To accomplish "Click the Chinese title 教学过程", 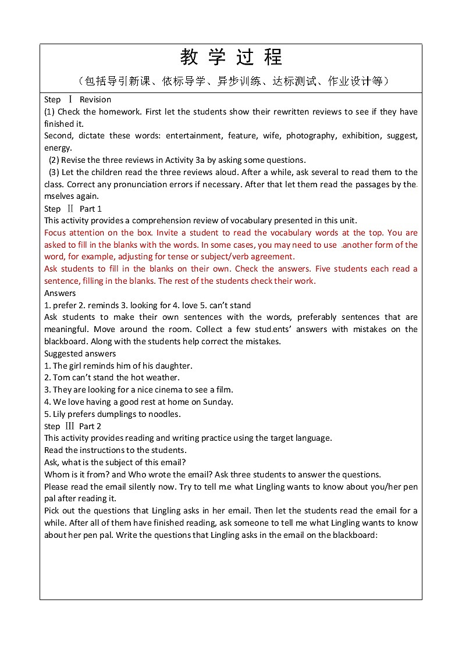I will pos(231,58).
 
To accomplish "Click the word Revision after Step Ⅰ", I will pos(95,99).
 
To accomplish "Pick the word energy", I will pos(57,148).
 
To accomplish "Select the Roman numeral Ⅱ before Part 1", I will pos(70,208).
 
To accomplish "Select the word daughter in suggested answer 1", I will pos(175,366).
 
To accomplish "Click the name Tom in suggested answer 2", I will pos(61,377).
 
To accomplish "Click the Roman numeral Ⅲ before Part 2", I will pos(70,426).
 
